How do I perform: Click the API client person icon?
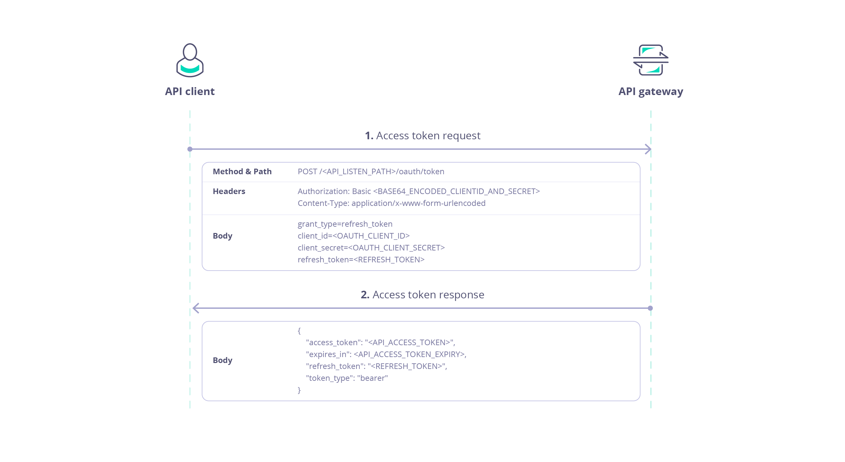[190, 60]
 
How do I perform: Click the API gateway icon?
[651, 60]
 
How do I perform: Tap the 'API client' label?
[190, 91]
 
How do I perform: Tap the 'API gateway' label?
[651, 91]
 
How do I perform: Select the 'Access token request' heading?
[422, 136]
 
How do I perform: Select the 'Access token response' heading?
[422, 295]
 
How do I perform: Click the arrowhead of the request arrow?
[648, 149]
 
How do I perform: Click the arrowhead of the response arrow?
[196, 308]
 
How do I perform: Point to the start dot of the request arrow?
[190, 149]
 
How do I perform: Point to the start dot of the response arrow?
[650, 308]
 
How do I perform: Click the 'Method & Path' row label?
[242, 172]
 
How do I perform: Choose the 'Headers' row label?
[229, 191]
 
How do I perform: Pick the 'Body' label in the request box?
[222, 236]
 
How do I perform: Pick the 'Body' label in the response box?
[222, 360]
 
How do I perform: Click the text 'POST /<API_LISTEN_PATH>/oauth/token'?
[371, 172]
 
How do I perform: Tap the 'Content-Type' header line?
[391, 203]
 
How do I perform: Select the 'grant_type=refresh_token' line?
[345, 224]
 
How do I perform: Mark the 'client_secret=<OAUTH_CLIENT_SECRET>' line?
[371, 248]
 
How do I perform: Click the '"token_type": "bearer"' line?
[347, 378]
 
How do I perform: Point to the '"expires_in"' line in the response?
[386, 354]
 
